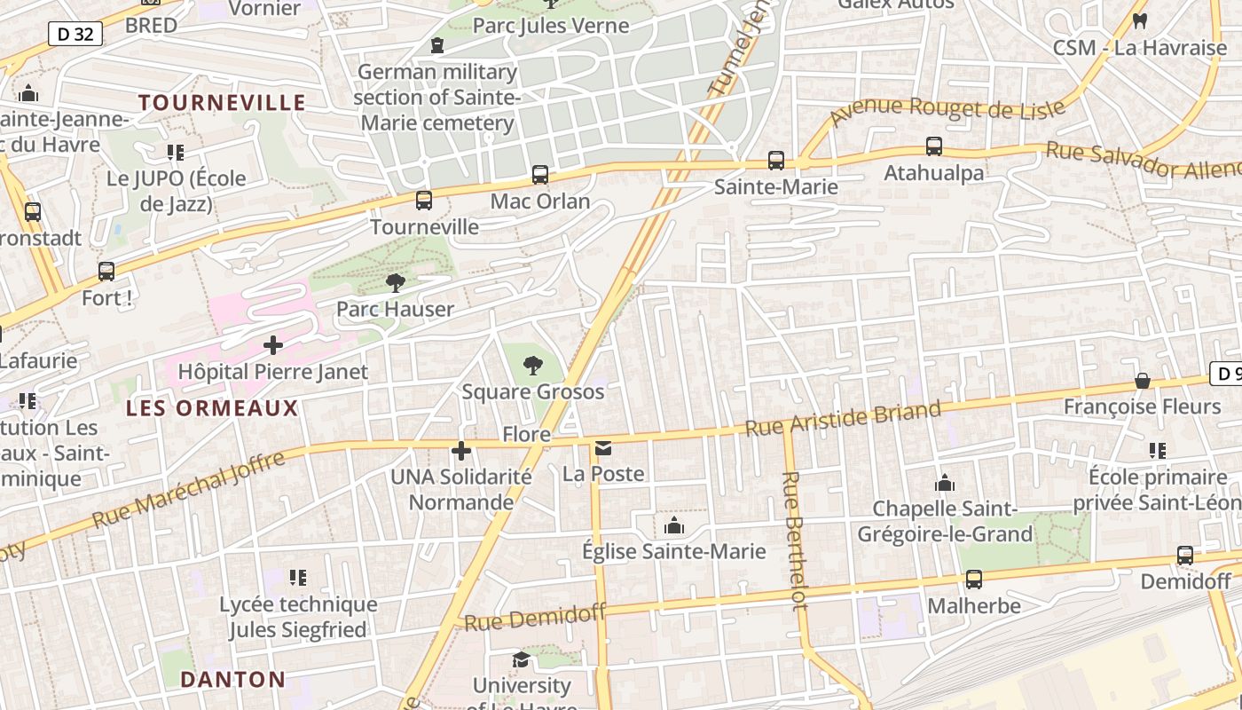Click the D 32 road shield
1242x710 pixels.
click(75, 35)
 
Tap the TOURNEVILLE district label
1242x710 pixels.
click(222, 103)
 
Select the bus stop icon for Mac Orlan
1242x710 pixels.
click(540, 175)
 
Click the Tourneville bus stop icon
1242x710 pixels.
click(424, 201)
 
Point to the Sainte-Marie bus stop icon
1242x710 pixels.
click(776, 161)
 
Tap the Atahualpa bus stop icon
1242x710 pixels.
click(934, 146)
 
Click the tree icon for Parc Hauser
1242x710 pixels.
click(396, 283)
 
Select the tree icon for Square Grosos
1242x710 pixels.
click(533, 365)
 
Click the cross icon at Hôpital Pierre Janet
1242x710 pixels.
click(273, 344)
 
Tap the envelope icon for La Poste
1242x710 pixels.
click(603, 448)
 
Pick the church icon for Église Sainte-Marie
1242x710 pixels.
click(674, 526)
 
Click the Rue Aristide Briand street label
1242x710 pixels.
click(843, 419)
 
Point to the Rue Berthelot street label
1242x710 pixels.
click(795, 540)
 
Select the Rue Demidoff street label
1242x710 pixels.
click(535, 617)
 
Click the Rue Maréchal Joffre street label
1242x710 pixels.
click(188, 489)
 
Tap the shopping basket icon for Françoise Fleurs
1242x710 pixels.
click(1143, 381)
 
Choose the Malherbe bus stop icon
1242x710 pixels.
click(974, 580)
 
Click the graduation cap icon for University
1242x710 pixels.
click(521, 659)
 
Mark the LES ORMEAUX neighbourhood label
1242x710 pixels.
click(212, 408)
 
